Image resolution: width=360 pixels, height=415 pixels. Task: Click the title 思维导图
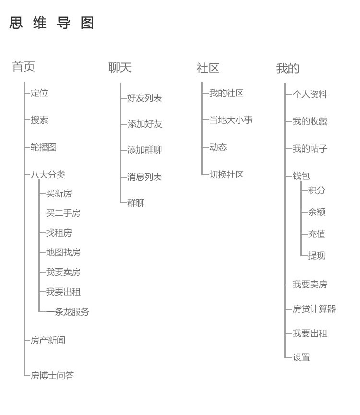click(x=52, y=23)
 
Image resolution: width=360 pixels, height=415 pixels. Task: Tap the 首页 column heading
click(x=24, y=66)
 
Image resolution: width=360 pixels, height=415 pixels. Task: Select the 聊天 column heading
click(x=120, y=68)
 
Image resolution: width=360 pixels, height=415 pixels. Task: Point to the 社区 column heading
click(x=208, y=68)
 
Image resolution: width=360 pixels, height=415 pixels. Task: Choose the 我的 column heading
click(x=288, y=69)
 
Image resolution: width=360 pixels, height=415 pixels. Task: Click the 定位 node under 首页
click(x=39, y=93)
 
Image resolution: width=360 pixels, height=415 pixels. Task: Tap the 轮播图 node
click(x=43, y=147)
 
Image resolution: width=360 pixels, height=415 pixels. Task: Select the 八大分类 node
click(x=48, y=175)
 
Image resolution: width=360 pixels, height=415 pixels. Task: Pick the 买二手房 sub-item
click(x=63, y=213)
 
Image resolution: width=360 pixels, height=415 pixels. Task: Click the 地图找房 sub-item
click(x=63, y=252)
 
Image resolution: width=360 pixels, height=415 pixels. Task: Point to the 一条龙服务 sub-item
click(x=68, y=312)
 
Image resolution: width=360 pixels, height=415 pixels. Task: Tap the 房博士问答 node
click(x=52, y=376)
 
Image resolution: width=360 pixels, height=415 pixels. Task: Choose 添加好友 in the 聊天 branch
click(x=145, y=124)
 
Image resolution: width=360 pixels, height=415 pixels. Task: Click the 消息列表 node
click(x=144, y=177)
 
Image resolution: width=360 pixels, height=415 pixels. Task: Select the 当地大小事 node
click(x=231, y=120)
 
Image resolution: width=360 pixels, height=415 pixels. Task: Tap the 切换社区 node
click(x=227, y=175)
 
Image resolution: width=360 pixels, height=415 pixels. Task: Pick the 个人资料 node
click(x=310, y=94)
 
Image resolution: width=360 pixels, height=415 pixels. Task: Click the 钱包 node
click(x=301, y=176)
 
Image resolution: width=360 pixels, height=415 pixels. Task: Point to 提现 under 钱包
click(x=317, y=256)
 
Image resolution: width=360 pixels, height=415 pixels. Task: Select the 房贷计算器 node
click(x=314, y=309)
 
